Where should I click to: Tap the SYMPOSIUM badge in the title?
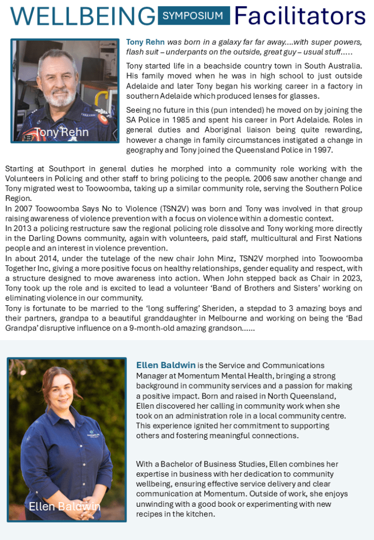[x=194, y=16]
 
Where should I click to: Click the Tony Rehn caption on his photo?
[x=62, y=132]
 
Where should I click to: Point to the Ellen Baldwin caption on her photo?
[x=64, y=507]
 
